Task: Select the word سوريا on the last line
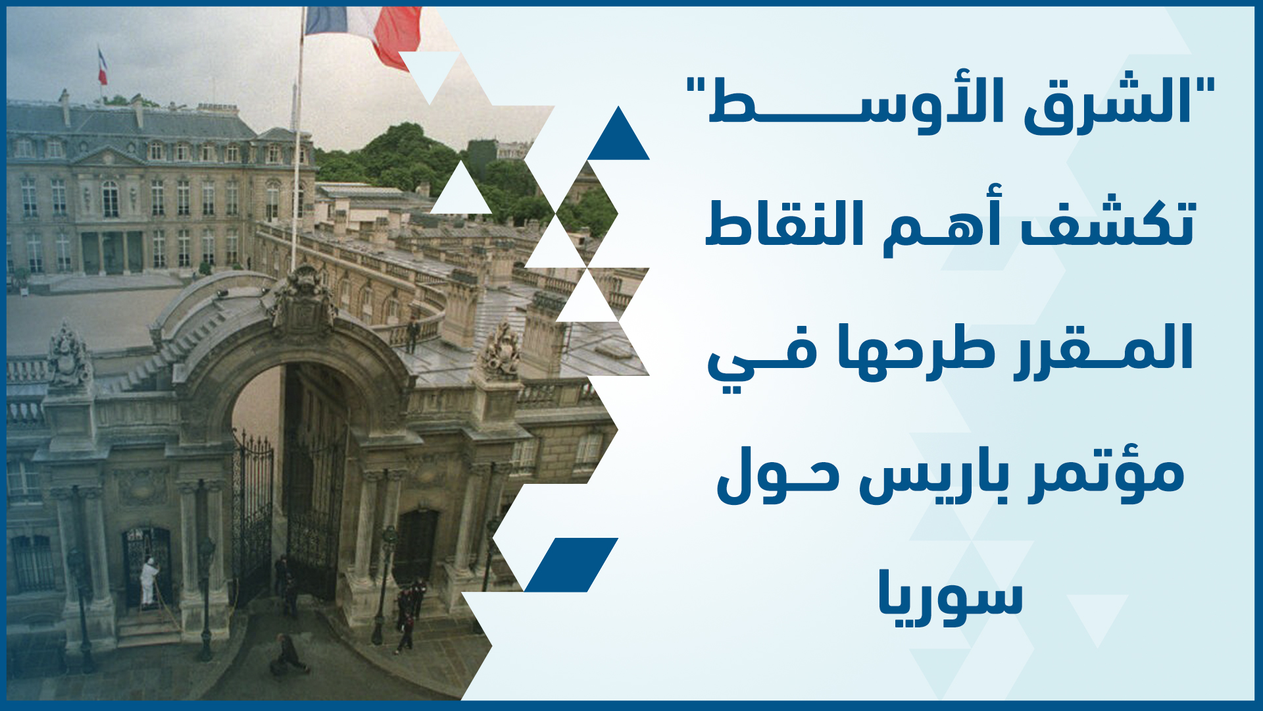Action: (951, 596)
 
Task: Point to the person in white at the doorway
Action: (149, 582)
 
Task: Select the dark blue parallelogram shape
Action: (571, 565)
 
